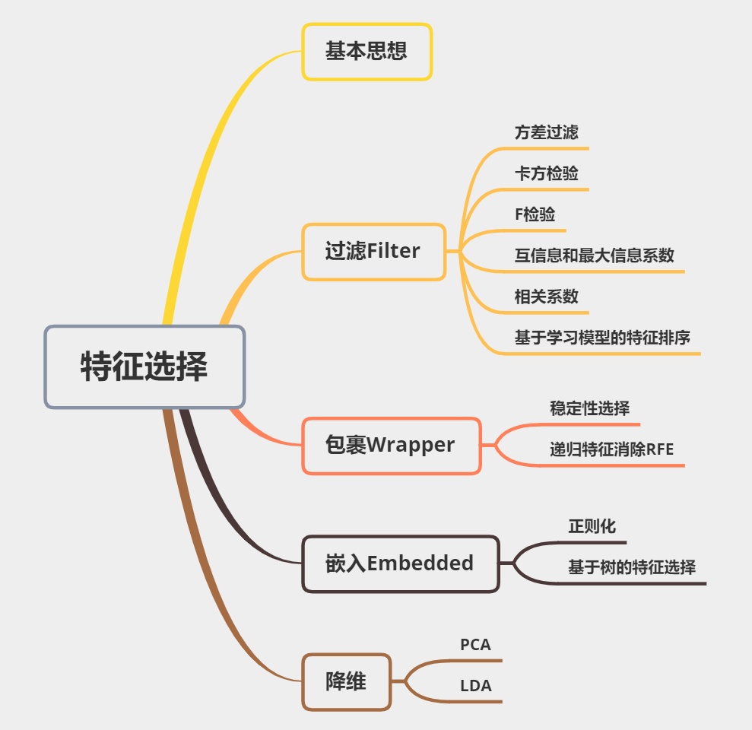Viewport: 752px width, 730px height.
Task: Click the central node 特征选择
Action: click(x=144, y=367)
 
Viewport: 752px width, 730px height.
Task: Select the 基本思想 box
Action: click(x=366, y=52)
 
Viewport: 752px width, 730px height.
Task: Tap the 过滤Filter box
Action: click(x=373, y=252)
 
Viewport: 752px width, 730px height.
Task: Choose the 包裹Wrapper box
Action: click(x=391, y=446)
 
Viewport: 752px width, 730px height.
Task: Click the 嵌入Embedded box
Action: click(x=400, y=563)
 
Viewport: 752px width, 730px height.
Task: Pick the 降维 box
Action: click(x=346, y=682)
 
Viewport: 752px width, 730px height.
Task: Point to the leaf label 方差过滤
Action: click(x=546, y=132)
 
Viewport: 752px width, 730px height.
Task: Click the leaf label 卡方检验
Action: click(x=546, y=173)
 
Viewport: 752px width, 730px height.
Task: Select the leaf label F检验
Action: click(x=535, y=214)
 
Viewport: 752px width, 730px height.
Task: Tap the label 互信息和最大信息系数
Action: click(x=594, y=255)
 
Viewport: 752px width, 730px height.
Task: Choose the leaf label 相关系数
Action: click(x=546, y=297)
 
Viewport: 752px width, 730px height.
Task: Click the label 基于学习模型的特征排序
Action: click(x=602, y=338)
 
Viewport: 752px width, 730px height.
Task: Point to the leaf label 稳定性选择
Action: click(x=589, y=408)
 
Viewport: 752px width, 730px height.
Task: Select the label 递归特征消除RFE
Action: click(x=611, y=449)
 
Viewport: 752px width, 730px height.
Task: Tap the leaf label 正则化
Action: click(x=592, y=526)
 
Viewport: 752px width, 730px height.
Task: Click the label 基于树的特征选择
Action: click(x=631, y=567)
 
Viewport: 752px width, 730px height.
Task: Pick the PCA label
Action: click(x=475, y=645)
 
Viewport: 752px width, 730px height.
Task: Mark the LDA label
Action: click(x=475, y=686)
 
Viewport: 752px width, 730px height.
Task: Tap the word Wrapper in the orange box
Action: click(x=411, y=446)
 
